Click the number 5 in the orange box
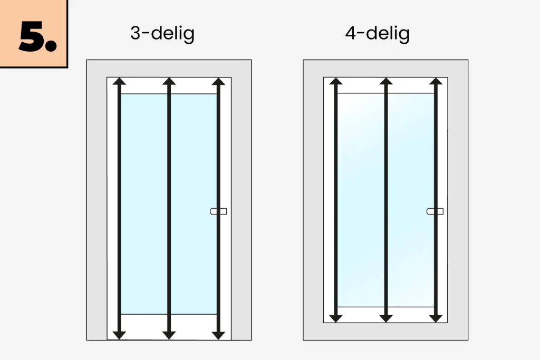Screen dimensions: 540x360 pyautogui.click(x=32, y=36)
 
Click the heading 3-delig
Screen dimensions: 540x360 pyautogui.click(x=162, y=34)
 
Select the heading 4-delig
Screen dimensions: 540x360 pyautogui.click(x=378, y=34)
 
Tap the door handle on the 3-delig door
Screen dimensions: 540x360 pyautogui.click(x=218, y=211)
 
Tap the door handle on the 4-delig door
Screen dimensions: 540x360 pyautogui.click(x=435, y=211)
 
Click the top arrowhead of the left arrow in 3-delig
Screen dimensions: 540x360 pyautogui.click(x=119, y=81)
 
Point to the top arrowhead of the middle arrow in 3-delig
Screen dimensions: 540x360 pyautogui.click(x=169, y=81)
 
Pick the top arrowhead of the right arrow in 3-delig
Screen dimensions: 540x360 pyautogui.click(x=218, y=81)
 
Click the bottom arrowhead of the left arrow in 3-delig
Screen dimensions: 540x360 pyautogui.click(x=119, y=336)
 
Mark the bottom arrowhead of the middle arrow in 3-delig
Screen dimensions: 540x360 pyautogui.click(x=169, y=336)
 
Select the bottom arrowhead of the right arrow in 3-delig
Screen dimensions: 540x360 pyautogui.click(x=218, y=336)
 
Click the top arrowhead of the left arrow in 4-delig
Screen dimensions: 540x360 pyautogui.click(x=336, y=81)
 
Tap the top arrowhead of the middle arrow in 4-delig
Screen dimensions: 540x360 pyautogui.click(x=386, y=81)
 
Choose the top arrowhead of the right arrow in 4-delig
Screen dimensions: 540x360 pyautogui.click(x=436, y=81)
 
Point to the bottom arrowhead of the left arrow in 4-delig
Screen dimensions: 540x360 pyautogui.click(x=336, y=319)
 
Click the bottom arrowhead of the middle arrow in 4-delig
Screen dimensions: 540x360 pyautogui.click(x=386, y=319)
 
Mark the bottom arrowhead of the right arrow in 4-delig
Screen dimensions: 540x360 pyautogui.click(x=436, y=319)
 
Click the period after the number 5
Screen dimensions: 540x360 pyautogui.click(x=51, y=46)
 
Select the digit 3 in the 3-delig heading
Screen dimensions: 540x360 pyautogui.click(x=136, y=33)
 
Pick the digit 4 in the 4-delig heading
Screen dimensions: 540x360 pyautogui.click(x=351, y=33)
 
